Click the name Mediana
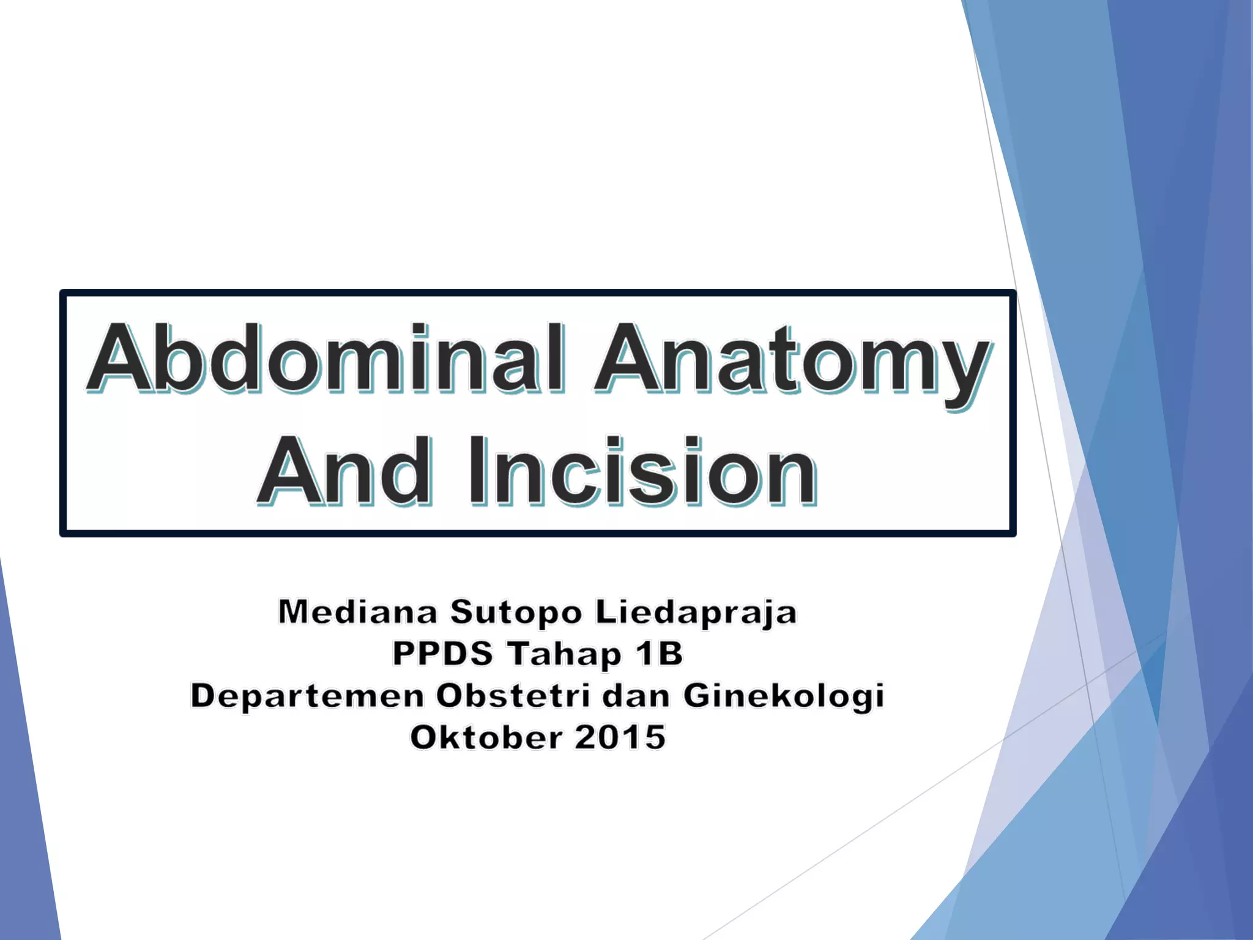click(x=358, y=612)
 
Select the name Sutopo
click(x=516, y=612)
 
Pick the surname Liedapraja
click(x=696, y=613)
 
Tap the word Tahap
click(x=564, y=654)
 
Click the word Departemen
click(x=307, y=696)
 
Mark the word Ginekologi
click(x=784, y=696)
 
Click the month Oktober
click(x=486, y=737)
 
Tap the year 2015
click(x=620, y=737)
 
